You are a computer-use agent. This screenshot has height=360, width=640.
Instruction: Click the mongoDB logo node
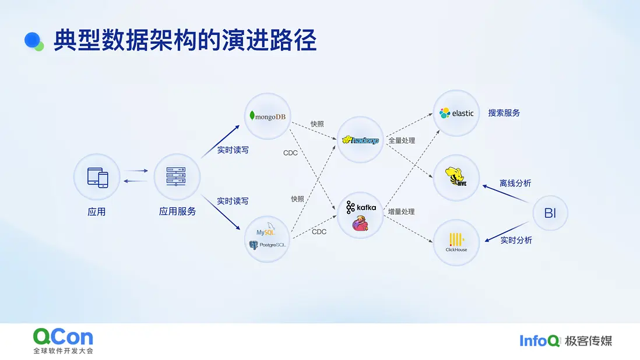click(268, 116)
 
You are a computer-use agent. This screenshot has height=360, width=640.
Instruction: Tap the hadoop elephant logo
click(360, 140)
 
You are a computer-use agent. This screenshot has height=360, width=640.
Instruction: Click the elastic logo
click(456, 113)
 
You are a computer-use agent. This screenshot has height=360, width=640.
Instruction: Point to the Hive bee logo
click(455, 177)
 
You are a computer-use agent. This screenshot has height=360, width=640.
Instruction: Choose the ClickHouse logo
click(456, 242)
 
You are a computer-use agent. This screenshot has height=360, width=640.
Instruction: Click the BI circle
click(550, 213)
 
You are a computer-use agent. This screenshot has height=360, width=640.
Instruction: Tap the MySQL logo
click(266, 230)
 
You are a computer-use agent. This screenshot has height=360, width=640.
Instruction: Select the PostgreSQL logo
click(268, 245)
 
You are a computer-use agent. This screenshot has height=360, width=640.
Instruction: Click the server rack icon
click(177, 177)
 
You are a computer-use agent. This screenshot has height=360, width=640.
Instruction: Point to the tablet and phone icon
click(97, 177)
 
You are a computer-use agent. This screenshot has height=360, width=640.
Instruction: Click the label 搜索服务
click(504, 113)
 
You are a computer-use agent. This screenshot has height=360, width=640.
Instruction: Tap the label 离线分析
click(515, 183)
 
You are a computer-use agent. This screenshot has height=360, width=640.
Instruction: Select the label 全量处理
click(402, 140)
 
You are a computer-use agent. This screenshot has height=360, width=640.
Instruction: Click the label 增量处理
click(401, 211)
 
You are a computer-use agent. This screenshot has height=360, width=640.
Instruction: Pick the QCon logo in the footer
click(64, 340)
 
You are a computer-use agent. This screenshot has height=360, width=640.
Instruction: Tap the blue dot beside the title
click(32, 40)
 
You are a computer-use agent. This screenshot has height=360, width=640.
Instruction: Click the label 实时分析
click(516, 240)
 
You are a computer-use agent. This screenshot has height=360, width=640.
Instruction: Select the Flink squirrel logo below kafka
click(360, 224)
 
